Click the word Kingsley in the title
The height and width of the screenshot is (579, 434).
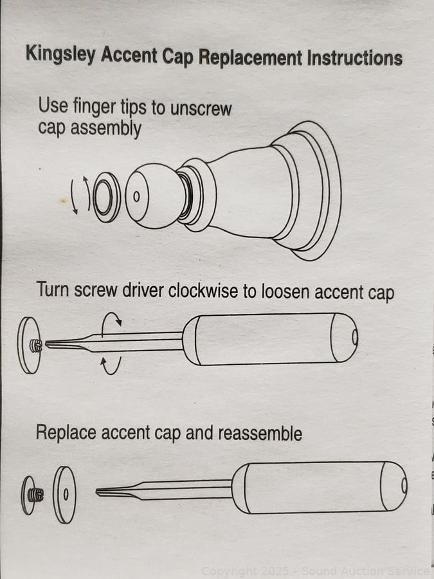pyautogui.click(x=60, y=55)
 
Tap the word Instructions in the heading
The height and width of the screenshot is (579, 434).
pyautogui.click(x=355, y=59)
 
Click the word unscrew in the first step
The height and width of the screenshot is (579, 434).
pyautogui.click(x=201, y=108)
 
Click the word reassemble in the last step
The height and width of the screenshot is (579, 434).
pyautogui.click(x=260, y=433)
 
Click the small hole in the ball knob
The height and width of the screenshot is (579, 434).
pyautogui.click(x=136, y=196)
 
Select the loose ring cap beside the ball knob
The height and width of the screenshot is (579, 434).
pyautogui.click(x=107, y=198)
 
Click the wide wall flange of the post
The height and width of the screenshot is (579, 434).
pyautogui.click(x=314, y=190)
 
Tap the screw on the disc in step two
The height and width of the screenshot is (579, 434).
pyautogui.click(x=35, y=345)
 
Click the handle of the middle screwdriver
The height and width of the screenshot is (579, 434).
pyautogui.click(x=270, y=339)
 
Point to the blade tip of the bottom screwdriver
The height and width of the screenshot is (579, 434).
pyautogui.click(x=96, y=492)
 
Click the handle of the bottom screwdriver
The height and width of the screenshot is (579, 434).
pyautogui.click(x=320, y=487)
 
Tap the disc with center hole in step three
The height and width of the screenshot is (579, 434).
pyautogui.click(x=64, y=495)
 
